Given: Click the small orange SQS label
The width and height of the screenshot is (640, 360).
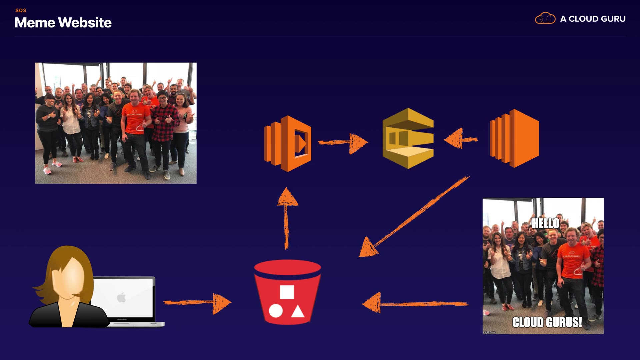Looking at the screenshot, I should tap(21, 10).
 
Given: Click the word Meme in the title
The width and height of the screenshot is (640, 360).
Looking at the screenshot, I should tap(35, 23).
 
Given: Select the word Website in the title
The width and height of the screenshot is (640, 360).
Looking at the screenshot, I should tap(85, 23).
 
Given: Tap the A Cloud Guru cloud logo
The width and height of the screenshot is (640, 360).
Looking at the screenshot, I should tap(545, 18).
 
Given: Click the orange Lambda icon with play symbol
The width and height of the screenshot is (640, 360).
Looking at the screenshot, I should tap(288, 143).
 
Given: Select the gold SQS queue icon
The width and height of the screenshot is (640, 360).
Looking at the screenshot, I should tap(408, 138).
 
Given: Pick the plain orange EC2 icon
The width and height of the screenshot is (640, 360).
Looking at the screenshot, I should tap(514, 138).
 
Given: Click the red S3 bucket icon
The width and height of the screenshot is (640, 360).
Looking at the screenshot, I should tap(287, 292).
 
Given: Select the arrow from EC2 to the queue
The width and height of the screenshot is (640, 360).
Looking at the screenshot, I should tap(461, 139).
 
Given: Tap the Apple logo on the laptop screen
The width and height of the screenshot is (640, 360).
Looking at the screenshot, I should tap(122, 297).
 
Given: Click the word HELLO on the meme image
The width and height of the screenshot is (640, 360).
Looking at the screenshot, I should tap(545, 223).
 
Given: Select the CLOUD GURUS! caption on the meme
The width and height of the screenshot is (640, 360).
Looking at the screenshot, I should tap(547, 322).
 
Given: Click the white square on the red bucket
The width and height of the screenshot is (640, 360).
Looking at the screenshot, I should tap(287, 292).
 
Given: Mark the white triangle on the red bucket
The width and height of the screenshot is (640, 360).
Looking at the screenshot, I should tap(298, 311).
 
